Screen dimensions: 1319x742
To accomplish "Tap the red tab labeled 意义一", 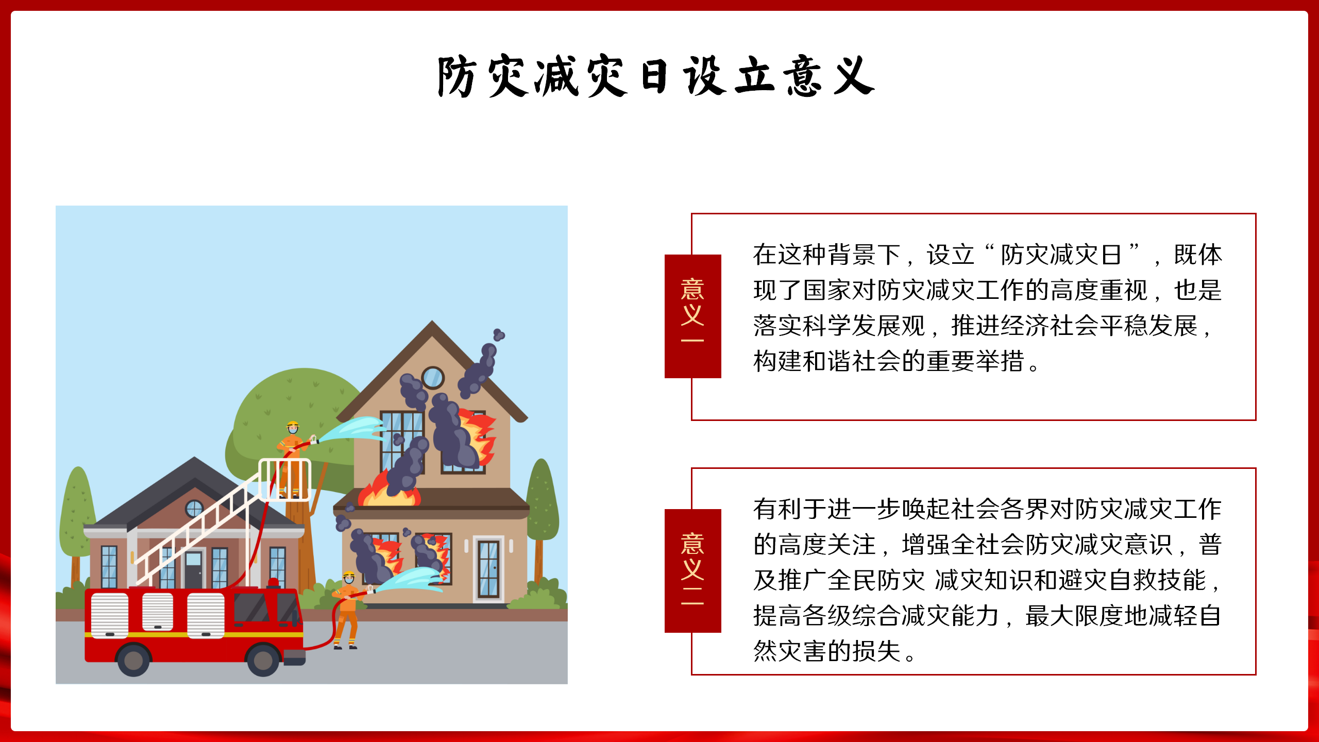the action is pos(692,316).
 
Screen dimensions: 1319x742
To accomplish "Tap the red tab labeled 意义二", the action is pos(692,570).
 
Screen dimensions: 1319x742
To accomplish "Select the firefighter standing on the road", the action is pos(348,610).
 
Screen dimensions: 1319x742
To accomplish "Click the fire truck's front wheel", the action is pos(263,660).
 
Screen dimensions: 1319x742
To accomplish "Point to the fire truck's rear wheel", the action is pos(133,660).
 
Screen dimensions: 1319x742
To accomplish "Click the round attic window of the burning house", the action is pos(433,377).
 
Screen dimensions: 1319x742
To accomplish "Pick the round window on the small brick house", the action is pos(194,509).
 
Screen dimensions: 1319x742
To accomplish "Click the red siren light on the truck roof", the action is pos(274,583).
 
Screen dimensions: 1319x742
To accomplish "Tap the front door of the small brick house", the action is pos(194,569).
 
